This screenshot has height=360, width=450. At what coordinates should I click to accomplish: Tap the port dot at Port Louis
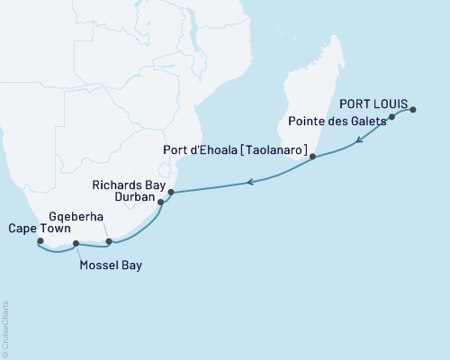tap(413, 110)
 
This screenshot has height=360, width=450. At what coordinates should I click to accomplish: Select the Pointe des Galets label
tap(337, 120)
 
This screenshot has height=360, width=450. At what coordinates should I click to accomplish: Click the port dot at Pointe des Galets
tap(392, 117)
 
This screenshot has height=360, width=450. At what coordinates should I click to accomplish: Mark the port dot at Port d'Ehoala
tap(312, 157)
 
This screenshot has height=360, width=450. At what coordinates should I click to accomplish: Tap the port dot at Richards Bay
tap(171, 192)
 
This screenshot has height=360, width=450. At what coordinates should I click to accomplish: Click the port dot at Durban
tap(161, 202)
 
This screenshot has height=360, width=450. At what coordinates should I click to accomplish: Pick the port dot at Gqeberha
tap(109, 241)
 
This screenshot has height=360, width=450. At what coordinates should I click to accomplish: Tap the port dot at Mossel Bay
tap(76, 243)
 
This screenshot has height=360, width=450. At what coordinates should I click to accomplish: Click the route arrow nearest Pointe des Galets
tap(359, 139)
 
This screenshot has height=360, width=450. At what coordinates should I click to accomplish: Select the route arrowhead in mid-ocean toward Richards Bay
tap(251, 183)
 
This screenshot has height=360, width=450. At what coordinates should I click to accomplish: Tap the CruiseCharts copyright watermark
tap(5, 328)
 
